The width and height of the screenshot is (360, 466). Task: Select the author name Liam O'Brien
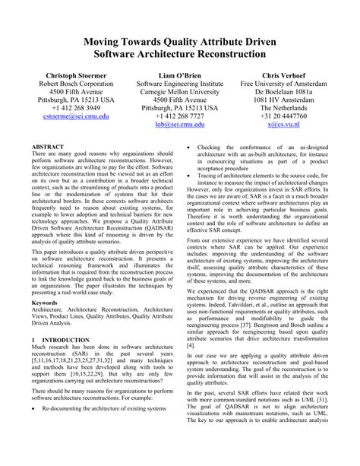click(x=180, y=78)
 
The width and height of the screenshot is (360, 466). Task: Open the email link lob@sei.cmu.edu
click(x=180, y=126)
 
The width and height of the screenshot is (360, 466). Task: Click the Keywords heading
click(x=47, y=303)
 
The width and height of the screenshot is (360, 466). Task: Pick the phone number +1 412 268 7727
click(x=180, y=116)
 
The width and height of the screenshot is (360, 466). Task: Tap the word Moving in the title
click(x=120, y=42)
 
